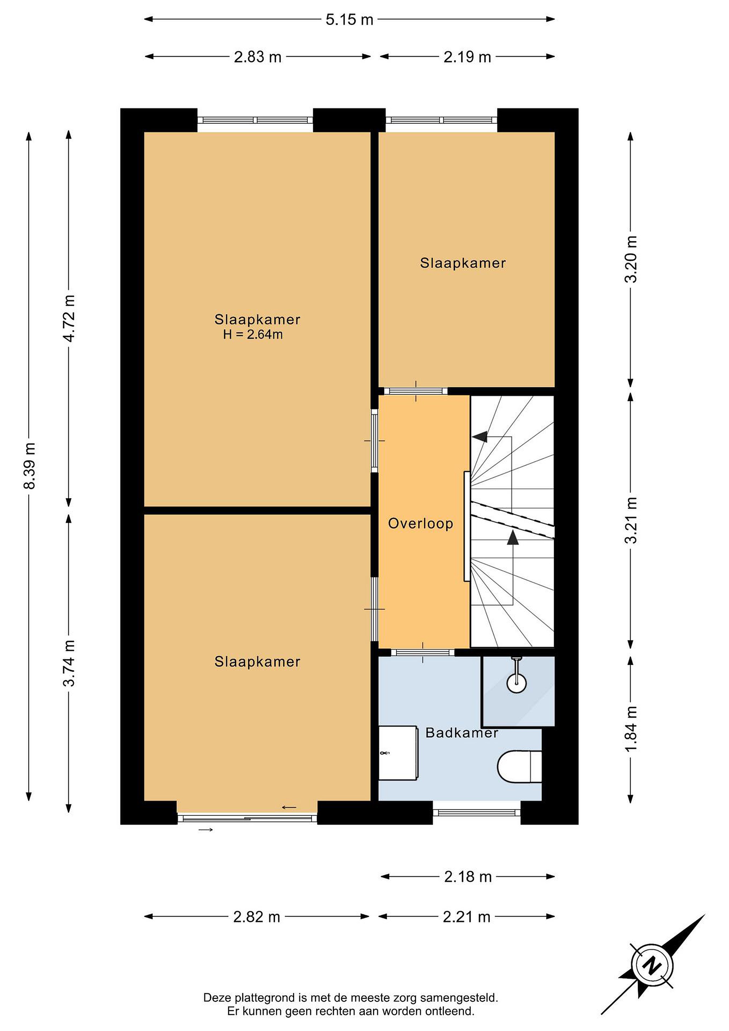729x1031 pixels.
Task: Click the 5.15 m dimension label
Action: [x=349, y=20]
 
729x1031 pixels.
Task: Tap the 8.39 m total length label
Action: [x=30, y=466]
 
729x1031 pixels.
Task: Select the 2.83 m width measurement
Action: [x=258, y=57]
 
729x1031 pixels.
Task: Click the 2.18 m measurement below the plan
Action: [x=468, y=877]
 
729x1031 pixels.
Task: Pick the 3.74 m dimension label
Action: [x=69, y=664]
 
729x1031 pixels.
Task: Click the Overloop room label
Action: [x=421, y=524]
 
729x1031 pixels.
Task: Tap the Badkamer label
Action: [x=462, y=733]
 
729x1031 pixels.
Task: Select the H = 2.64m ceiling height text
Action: [x=253, y=334]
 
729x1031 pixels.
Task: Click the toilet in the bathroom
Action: [x=519, y=767]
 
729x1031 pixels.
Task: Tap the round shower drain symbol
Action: [x=517, y=683]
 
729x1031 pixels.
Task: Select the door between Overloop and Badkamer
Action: [x=423, y=653]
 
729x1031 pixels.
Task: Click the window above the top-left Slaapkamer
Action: [x=255, y=120]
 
